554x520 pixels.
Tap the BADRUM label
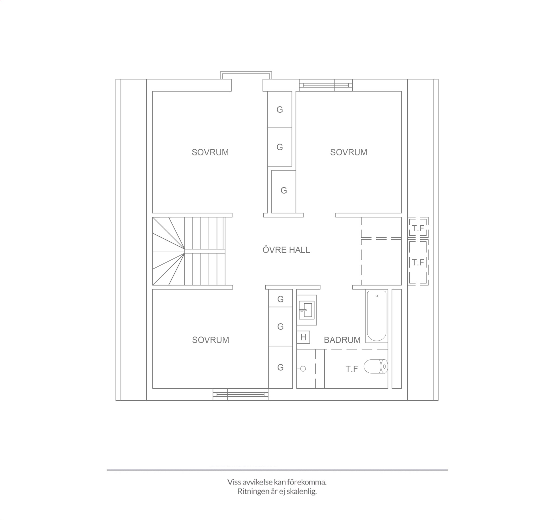[x=342, y=340]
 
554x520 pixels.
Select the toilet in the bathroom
[x=376, y=366]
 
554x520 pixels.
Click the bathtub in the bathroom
[x=377, y=316]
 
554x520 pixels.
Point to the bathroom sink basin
[x=306, y=310]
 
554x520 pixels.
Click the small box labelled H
[x=303, y=337]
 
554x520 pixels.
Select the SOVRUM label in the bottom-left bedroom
[x=210, y=340]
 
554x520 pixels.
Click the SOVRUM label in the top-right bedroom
[x=349, y=152]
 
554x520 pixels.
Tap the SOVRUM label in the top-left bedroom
[x=210, y=152]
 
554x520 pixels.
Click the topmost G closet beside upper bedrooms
[x=280, y=109]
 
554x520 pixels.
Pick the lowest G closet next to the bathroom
[x=280, y=367]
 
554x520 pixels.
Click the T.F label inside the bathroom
[x=352, y=369]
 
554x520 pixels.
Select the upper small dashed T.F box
[x=418, y=228]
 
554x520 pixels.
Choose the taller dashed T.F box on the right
[x=418, y=262]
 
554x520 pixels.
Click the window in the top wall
[x=326, y=85]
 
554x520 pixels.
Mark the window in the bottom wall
[x=240, y=394]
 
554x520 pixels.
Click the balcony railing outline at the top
[x=246, y=72]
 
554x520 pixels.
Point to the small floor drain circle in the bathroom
[x=303, y=369]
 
